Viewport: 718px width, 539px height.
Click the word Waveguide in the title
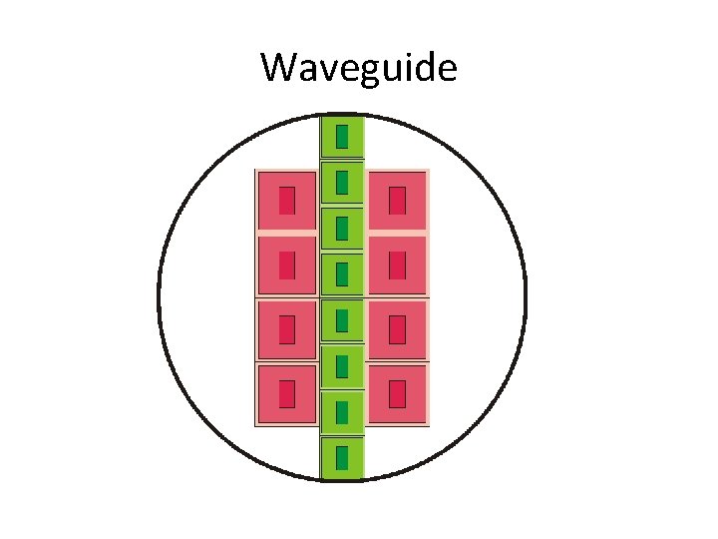point(359,68)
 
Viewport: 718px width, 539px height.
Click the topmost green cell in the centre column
point(342,137)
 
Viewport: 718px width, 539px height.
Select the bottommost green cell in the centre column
point(342,457)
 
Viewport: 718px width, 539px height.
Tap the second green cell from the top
point(342,183)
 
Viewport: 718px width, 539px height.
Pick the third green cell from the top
point(342,229)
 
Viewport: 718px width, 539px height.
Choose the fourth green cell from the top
point(342,274)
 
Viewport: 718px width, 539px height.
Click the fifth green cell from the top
point(342,320)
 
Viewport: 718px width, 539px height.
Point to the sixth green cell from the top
point(342,366)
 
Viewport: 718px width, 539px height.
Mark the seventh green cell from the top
point(342,411)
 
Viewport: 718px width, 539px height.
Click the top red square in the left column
point(287,201)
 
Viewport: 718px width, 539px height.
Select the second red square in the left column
point(287,266)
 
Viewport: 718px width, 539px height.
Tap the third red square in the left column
point(287,329)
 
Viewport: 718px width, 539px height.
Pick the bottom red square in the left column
point(287,393)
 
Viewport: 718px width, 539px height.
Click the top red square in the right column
point(397,201)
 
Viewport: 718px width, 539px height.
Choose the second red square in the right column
point(397,266)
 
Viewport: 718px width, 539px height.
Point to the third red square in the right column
point(397,329)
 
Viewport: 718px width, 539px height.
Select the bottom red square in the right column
point(397,393)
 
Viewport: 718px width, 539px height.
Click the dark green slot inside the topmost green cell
point(342,137)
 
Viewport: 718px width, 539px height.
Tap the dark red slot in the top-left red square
point(287,201)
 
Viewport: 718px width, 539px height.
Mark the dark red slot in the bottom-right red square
point(397,393)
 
